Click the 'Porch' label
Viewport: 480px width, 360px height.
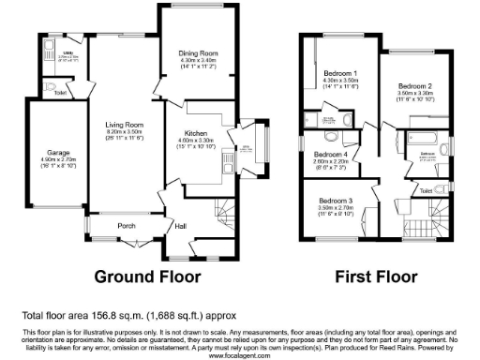(x=127, y=226)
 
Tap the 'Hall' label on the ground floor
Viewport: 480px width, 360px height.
(x=180, y=226)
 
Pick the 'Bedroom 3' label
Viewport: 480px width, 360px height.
(x=336, y=201)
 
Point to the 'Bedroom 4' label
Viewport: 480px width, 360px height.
(x=331, y=154)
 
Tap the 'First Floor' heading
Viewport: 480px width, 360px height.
(x=380, y=277)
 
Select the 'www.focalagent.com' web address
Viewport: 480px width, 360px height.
(x=240, y=355)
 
